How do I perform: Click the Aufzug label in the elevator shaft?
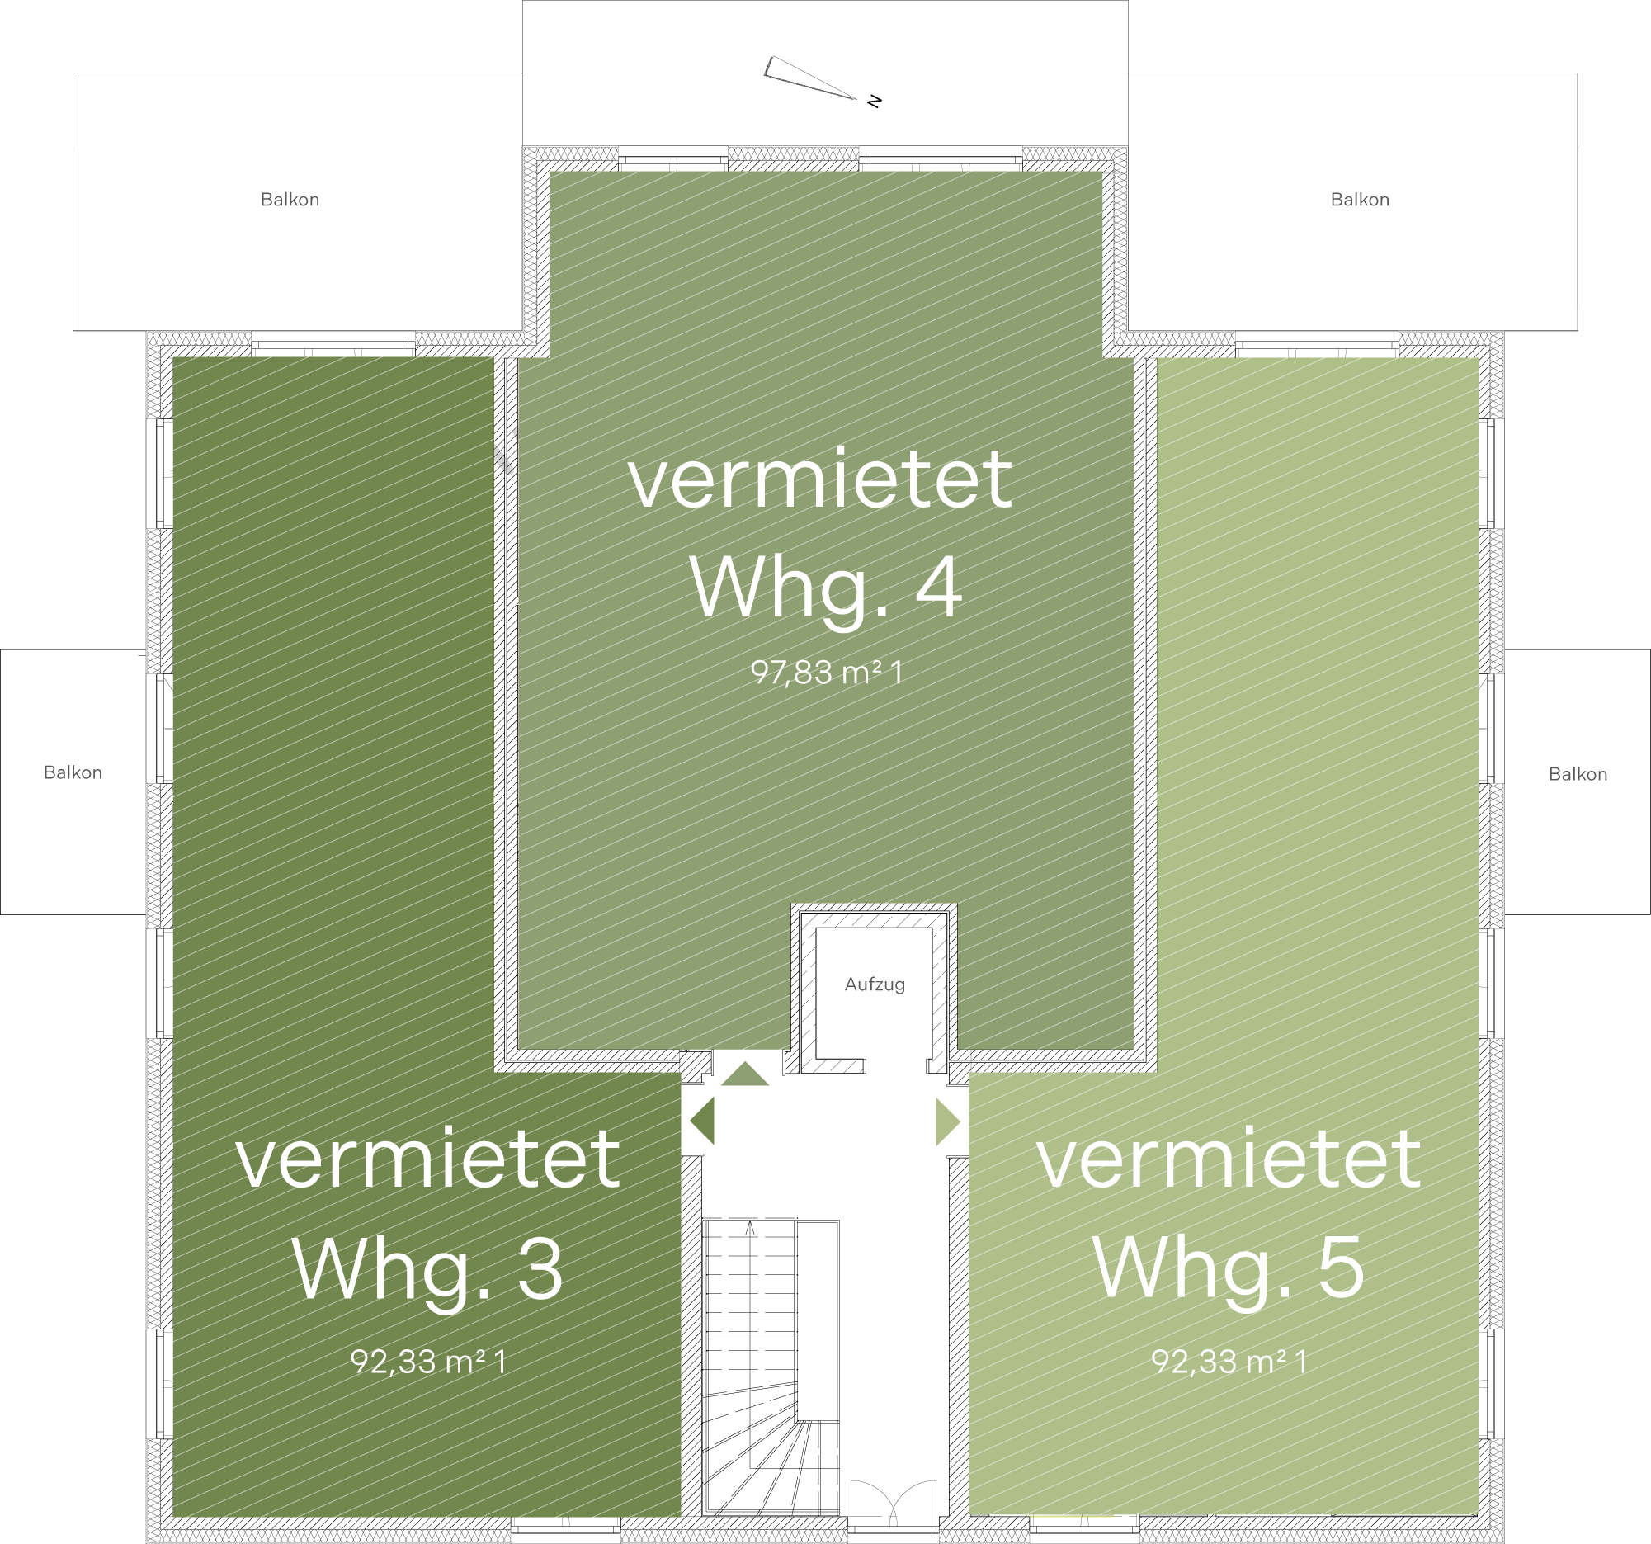[x=875, y=985]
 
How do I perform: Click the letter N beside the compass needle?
[x=874, y=102]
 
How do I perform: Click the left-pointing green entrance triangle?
[x=703, y=1121]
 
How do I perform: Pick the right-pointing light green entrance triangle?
[x=948, y=1122]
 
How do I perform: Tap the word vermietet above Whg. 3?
[x=427, y=1159]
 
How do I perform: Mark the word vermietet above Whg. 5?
[x=1229, y=1159]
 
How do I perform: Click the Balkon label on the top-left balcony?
[x=290, y=200]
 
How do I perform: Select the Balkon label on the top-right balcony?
[x=1360, y=200]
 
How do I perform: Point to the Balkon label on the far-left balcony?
[x=73, y=772]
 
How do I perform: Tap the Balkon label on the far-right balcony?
[x=1578, y=774]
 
